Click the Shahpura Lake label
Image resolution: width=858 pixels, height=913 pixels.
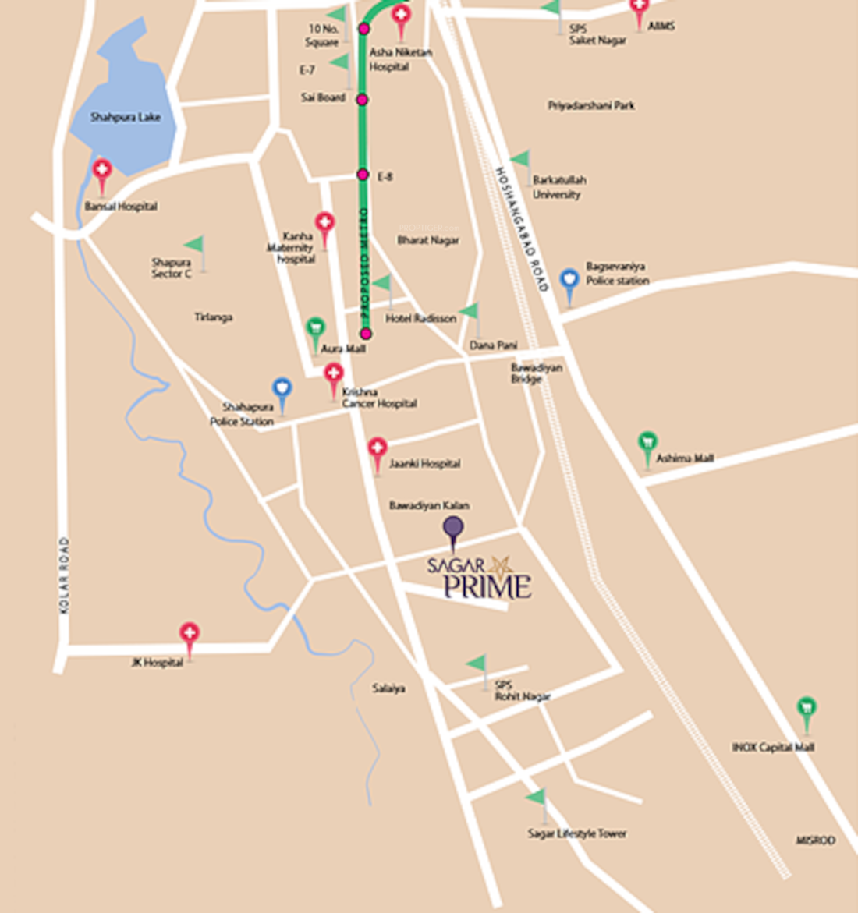(126, 117)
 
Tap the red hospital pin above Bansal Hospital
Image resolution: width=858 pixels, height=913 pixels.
(102, 170)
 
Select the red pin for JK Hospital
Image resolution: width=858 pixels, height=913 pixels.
(190, 634)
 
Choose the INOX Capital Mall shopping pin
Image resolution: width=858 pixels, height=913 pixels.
(807, 708)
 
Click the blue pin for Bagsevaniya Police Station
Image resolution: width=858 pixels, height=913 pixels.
(570, 279)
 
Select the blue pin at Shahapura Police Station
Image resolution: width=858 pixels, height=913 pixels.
(282, 388)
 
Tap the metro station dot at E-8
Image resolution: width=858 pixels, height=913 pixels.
(363, 175)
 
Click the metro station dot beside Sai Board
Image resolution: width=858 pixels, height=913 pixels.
(363, 100)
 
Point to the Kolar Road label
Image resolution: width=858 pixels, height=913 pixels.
(64, 575)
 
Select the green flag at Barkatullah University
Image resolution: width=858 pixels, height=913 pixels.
(522, 160)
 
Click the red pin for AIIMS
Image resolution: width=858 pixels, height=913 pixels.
(640, 9)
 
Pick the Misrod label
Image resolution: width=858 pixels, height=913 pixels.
(815, 840)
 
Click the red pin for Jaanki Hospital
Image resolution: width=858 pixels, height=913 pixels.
(378, 449)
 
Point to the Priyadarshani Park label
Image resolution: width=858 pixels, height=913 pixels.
(591, 105)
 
